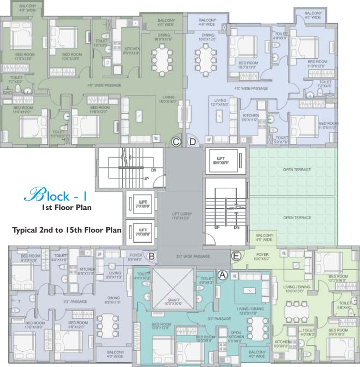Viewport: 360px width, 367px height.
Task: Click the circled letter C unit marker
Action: (176, 141)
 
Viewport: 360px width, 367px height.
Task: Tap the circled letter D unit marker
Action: (192, 141)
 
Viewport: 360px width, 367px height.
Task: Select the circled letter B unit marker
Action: (151, 257)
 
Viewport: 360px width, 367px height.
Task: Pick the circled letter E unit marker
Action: (236, 256)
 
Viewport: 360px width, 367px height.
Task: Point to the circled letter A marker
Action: (222, 274)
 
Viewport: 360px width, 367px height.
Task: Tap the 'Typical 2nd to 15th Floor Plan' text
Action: (66, 230)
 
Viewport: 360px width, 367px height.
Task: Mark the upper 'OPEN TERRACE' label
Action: (296, 170)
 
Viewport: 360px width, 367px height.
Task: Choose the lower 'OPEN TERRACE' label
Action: (296, 217)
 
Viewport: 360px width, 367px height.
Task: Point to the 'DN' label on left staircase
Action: (153, 169)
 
